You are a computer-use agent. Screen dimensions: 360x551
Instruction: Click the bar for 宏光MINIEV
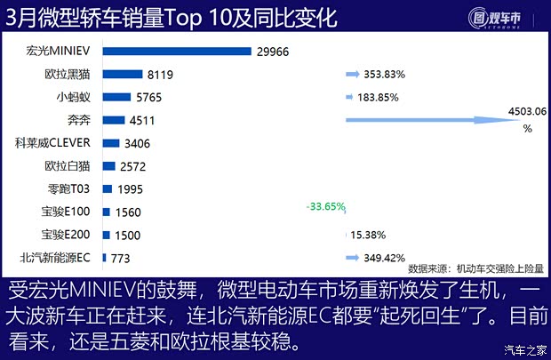click(x=177, y=52)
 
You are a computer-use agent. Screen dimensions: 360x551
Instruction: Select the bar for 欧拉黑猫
click(x=123, y=76)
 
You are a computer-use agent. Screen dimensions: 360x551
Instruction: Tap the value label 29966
click(x=276, y=52)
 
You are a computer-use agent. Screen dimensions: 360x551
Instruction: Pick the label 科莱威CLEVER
click(x=60, y=142)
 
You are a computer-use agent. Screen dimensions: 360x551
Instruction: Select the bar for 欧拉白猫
click(x=109, y=165)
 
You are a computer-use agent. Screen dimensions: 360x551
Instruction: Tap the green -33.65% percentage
click(x=325, y=207)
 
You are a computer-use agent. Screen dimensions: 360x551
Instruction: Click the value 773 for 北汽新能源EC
click(x=122, y=258)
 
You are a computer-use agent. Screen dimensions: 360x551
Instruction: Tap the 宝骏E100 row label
click(x=68, y=212)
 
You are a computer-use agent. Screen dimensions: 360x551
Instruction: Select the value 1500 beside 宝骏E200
click(x=128, y=235)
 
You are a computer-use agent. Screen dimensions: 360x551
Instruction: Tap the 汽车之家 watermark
click(x=524, y=348)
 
